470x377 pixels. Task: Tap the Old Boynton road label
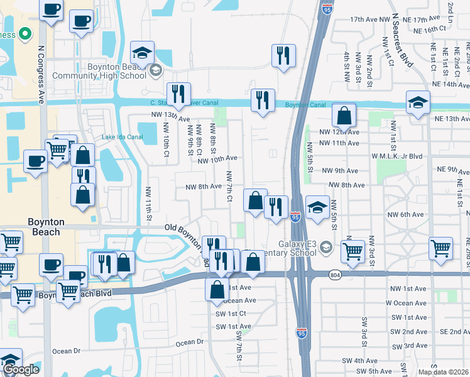point(186,227)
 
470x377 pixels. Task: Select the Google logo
point(21,369)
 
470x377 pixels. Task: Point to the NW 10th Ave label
point(217,160)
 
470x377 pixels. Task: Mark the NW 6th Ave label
point(406,215)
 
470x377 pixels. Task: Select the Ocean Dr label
point(190,342)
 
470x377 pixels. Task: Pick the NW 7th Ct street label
point(230,187)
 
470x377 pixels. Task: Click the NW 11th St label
point(150,205)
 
